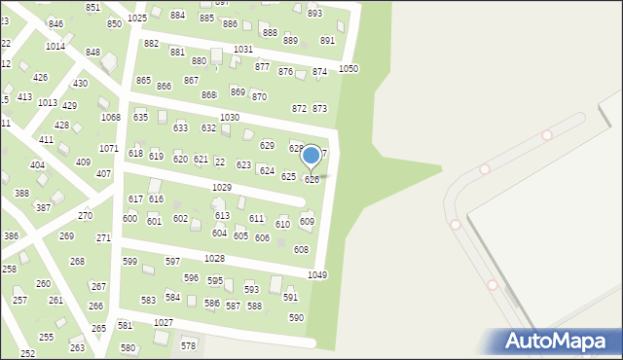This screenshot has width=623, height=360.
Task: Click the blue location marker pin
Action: pyautogui.click(x=311, y=156)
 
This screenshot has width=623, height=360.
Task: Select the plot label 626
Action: pyautogui.click(x=311, y=179)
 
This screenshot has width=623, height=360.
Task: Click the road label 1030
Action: pyautogui.click(x=230, y=118)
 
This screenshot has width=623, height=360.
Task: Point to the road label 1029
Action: pyautogui.click(x=221, y=187)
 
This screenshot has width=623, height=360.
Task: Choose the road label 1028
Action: pyautogui.click(x=214, y=258)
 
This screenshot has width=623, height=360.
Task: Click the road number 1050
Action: pyautogui.click(x=348, y=69)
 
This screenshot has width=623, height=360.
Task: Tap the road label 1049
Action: pyautogui.click(x=317, y=275)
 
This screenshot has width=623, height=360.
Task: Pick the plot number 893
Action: pyautogui.click(x=314, y=14)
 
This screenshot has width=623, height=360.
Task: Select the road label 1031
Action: pyautogui.click(x=243, y=49)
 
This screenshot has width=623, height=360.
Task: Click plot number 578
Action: pyautogui.click(x=188, y=346)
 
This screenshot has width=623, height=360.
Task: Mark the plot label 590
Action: pyautogui.click(x=296, y=318)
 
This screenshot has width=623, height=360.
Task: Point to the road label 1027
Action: pyautogui.click(x=164, y=322)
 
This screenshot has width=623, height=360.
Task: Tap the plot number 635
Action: pyautogui.click(x=140, y=118)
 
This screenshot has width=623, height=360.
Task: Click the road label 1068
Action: pyautogui.click(x=110, y=118)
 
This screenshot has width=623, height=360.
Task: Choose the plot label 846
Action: pyautogui.click(x=55, y=24)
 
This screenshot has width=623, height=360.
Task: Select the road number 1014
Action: pyautogui.click(x=55, y=46)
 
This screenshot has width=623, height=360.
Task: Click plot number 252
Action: pyautogui.click(x=27, y=353)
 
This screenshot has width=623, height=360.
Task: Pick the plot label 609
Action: pyautogui.click(x=307, y=222)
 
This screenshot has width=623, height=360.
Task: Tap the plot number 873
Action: pyautogui.click(x=319, y=109)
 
